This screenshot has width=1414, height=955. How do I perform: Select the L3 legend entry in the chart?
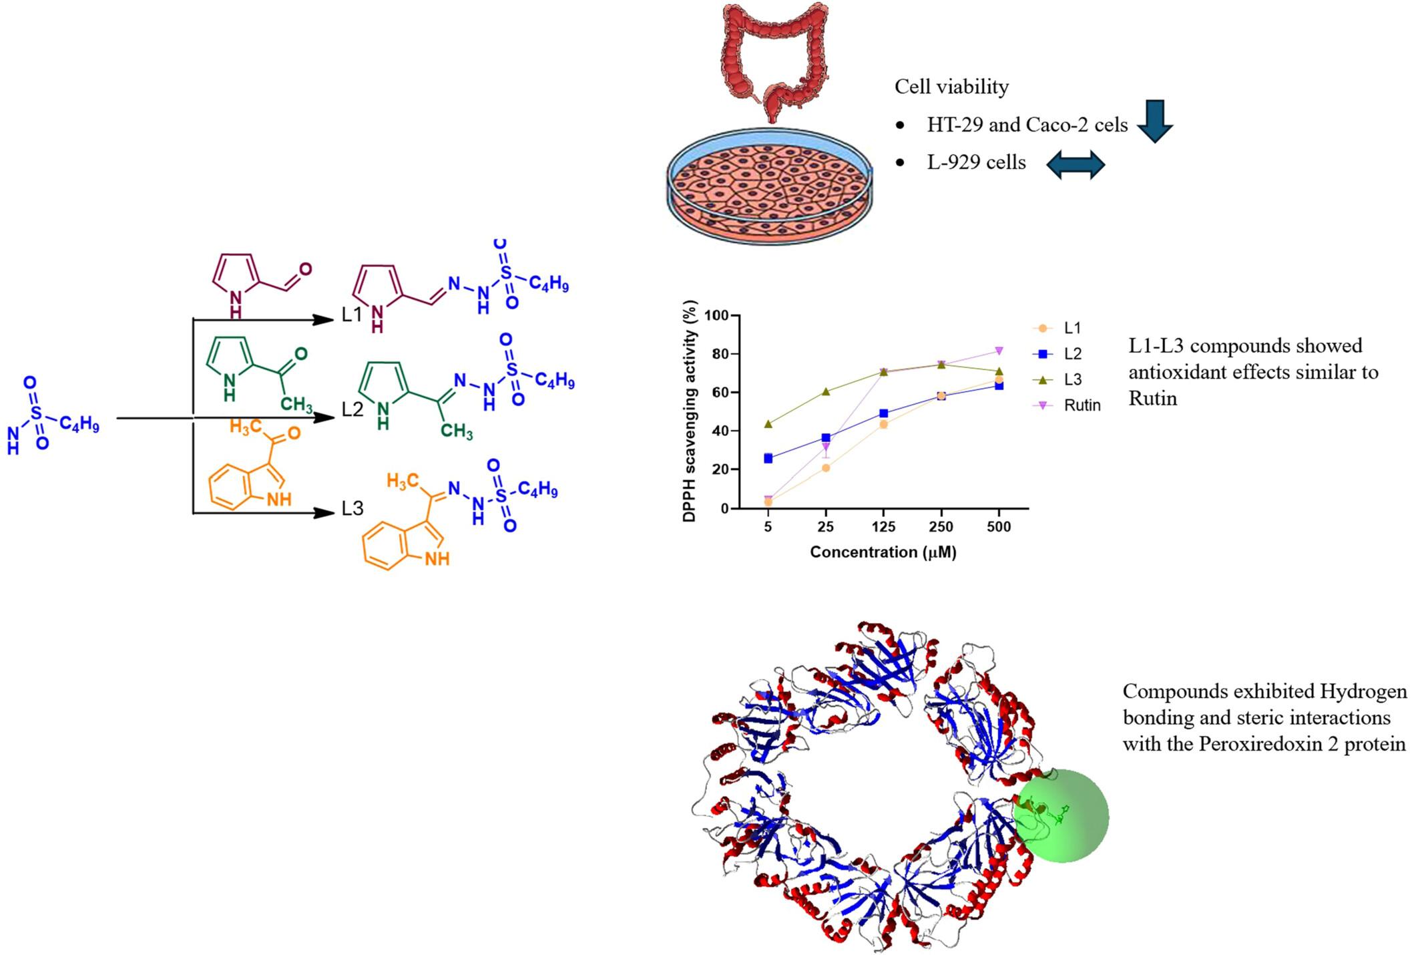pos(1072,379)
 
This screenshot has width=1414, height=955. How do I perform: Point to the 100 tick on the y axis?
pos(718,315)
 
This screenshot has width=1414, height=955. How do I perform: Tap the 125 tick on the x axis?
pos(883,527)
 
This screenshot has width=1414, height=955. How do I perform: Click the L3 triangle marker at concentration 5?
pos(768,423)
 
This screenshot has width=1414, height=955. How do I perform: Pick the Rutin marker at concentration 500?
pos(999,351)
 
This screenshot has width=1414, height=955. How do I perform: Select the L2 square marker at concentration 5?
pos(768,458)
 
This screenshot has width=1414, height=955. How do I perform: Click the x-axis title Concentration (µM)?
pos(883,552)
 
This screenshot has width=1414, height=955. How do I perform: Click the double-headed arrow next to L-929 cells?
pos(1076,164)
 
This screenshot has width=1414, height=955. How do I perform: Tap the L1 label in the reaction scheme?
pos(351,315)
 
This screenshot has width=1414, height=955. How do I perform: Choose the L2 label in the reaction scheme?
pos(352,409)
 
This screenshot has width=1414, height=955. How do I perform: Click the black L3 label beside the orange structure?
pos(352,508)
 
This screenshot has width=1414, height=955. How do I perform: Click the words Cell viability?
pos(951,87)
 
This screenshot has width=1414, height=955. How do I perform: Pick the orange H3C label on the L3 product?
pos(402,480)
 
